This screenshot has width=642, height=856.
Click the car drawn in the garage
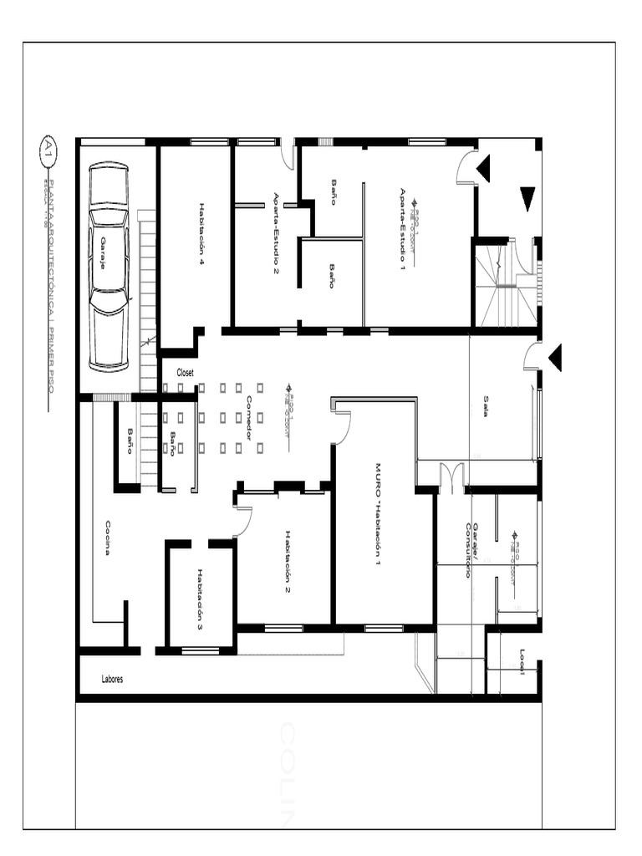tap(110, 267)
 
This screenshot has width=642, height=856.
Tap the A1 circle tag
tap(48, 150)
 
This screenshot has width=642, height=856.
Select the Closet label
tap(185, 373)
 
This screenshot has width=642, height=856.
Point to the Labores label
tap(112, 680)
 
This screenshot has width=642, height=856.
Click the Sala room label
tap(486, 405)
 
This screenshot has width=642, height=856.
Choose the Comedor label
tap(248, 418)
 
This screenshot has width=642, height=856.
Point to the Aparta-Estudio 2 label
tap(276, 233)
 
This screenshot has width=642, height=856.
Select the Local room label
tap(522, 660)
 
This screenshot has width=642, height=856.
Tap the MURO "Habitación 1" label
tap(377, 515)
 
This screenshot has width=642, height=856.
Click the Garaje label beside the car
tap(103, 252)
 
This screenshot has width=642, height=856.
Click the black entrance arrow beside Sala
tap(555, 358)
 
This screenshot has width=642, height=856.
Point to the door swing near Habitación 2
tap(242, 522)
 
